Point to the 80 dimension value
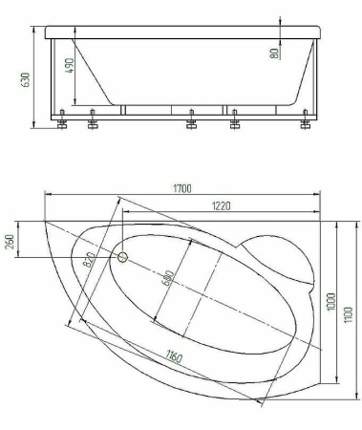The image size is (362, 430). pos(275,53)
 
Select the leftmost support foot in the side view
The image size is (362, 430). pos(63,120)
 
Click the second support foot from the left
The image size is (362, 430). pos(92,121)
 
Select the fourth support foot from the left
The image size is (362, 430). pos(234,121)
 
